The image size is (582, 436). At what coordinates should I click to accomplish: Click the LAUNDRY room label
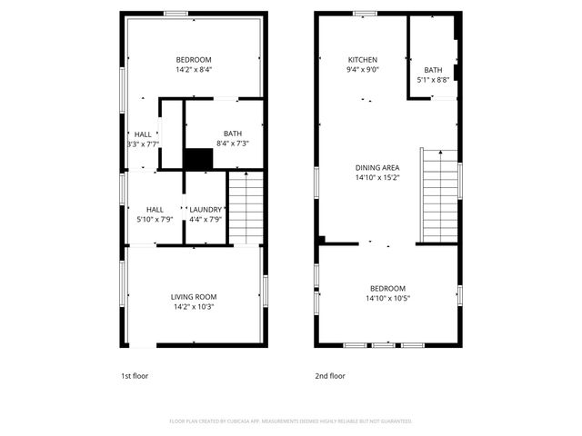point(205,210)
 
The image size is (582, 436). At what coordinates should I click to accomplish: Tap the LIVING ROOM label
point(194,297)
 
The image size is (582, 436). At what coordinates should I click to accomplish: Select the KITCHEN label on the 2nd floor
point(362,60)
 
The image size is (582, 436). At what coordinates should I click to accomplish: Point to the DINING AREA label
point(377,168)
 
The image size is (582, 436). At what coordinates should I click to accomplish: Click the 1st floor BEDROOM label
point(194,60)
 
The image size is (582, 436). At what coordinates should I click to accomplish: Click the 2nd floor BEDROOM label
point(386,289)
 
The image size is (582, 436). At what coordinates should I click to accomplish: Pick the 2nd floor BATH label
point(433,70)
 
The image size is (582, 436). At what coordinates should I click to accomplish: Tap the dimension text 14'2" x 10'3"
point(194,307)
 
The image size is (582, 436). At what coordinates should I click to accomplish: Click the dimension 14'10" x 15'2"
point(377,177)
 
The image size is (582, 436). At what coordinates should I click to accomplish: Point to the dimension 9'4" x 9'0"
point(362,69)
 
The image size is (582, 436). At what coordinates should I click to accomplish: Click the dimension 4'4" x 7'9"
point(205,219)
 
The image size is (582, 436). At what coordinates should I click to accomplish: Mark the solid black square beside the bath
point(198,159)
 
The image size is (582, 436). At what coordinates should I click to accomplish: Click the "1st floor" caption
point(134,375)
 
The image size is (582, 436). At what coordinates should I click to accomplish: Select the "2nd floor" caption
point(328,375)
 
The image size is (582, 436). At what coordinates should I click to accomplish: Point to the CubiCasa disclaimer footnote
point(290,421)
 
